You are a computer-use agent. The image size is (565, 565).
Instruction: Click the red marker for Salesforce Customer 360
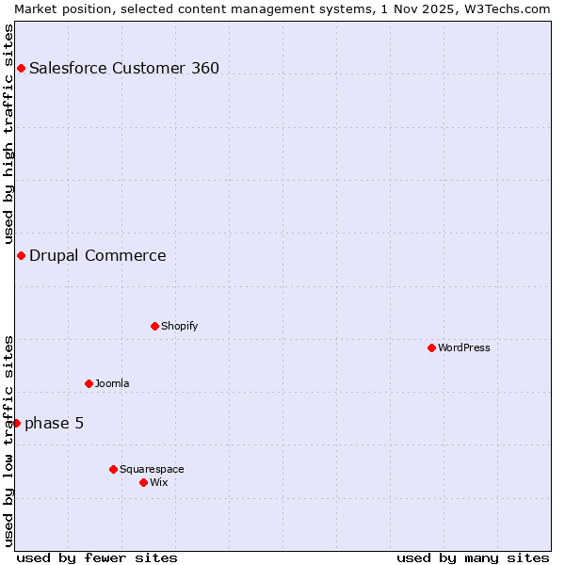(x=21, y=68)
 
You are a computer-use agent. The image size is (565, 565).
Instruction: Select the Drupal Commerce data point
(x=21, y=255)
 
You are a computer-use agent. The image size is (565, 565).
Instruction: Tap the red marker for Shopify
(x=154, y=326)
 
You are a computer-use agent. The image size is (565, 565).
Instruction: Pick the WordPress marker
(x=431, y=347)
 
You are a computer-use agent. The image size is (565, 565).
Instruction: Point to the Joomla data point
(x=89, y=383)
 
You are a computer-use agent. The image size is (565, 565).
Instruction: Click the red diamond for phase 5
(x=16, y=423)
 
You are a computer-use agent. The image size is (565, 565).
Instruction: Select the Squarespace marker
(x=113, y=469)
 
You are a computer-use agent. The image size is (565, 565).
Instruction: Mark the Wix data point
(x=143, y=482)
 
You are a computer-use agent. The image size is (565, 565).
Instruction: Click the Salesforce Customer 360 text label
(x=124, y=68)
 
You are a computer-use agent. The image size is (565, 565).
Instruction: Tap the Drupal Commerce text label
(x=98, y=255)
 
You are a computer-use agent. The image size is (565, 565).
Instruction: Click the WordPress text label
(x=464, y=347)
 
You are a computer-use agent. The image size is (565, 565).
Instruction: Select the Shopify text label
(x=180, y=326)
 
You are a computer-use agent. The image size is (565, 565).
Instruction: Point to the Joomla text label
(x=112, y=383)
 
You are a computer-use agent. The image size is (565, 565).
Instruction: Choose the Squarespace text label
(x=152, y=469)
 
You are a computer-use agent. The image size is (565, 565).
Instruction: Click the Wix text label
(x=159, y=482)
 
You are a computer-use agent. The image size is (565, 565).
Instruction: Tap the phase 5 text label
(x=55, y=423)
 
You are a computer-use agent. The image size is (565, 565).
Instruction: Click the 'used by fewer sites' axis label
(x=97, y=557)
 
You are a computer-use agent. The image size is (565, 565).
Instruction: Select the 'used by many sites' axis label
(x=473, y=557)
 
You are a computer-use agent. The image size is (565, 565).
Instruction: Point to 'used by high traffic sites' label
(x=9, y=134)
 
